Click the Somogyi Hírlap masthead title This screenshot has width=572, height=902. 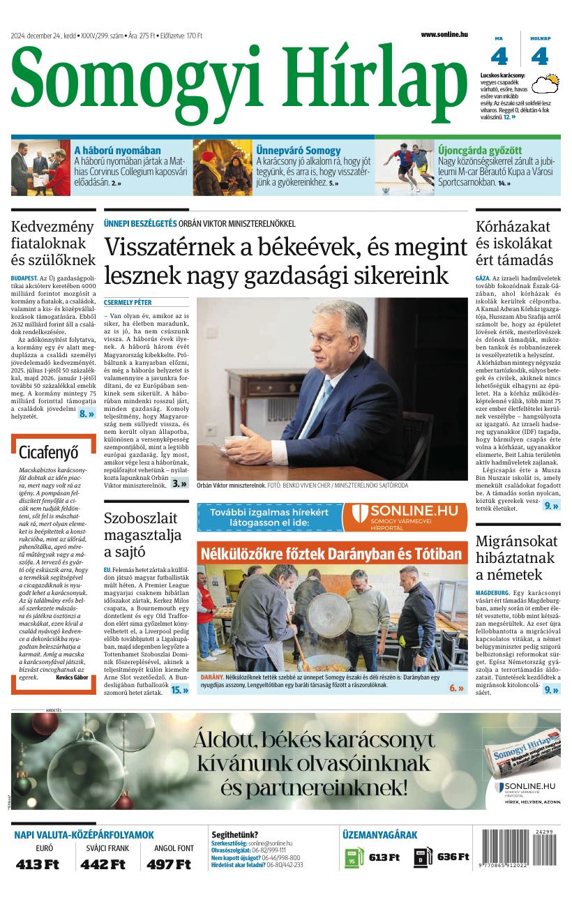click(237, 82)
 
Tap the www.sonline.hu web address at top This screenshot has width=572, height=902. click(444, 34)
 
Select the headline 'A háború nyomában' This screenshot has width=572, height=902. click(117, 150)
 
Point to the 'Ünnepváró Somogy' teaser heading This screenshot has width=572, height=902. click(298, 150)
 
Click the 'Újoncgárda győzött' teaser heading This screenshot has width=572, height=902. click(479, 150)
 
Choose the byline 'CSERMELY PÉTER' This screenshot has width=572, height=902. click(128, 303)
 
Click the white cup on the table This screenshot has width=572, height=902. click(211, 430)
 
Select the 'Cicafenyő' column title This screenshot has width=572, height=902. click(49, 451)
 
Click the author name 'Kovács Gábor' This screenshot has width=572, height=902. click(72, 677)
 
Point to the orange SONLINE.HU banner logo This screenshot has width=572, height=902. click(405, 517)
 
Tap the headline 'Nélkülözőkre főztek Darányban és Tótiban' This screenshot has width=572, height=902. click(331, 554)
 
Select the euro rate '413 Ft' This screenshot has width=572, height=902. click(38, 864)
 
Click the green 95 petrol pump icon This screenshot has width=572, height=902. click(353, 858)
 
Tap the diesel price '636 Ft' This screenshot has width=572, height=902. click(453, 857)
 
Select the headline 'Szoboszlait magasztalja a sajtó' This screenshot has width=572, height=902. click(141, 535)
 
